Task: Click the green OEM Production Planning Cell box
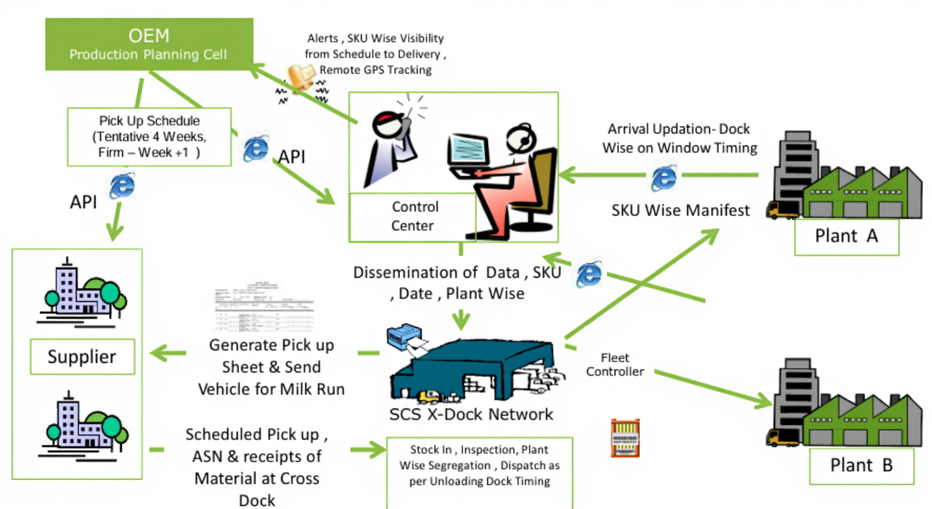[149, 44]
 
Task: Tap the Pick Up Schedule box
[149, 137]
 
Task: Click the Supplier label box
[82, 357]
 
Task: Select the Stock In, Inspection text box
[479, 466]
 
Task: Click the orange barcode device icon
[625, 437]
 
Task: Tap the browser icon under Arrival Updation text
[663, 177]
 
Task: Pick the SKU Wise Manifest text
[680, 211]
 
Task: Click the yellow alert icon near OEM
[300, 76]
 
